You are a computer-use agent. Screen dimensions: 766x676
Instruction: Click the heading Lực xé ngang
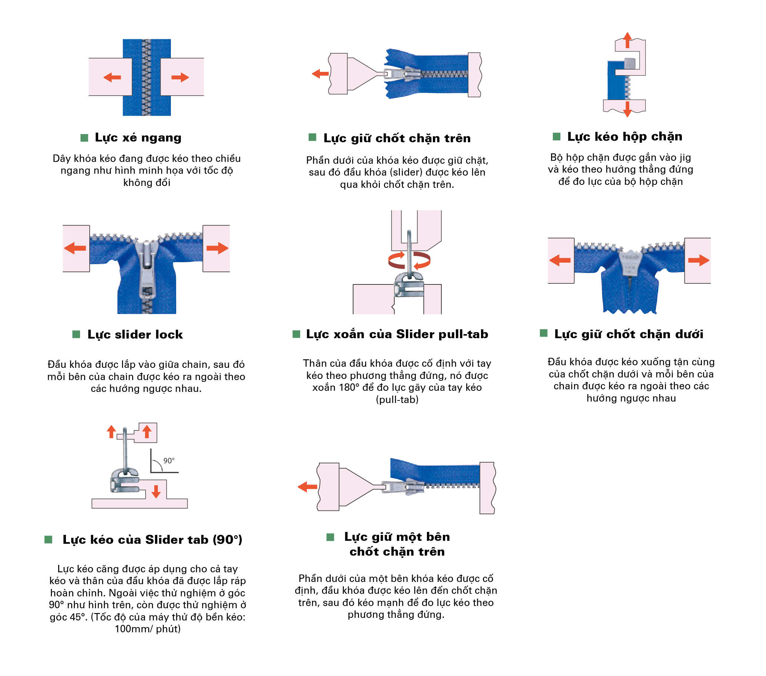click(x=138, y=138)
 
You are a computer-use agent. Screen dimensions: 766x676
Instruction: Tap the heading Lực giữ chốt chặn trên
click(x=397, y=139)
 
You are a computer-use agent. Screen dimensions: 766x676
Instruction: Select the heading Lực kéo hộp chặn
click(x=625, y=137)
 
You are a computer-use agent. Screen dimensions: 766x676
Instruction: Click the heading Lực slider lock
click(x=135, y=334)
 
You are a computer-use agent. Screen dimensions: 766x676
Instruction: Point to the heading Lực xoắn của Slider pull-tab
click(x=397, y=334)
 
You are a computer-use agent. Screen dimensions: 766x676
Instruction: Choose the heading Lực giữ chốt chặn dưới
click(x=629, y=334)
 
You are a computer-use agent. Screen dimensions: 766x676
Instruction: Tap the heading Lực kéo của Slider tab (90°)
click(x=153, y=540)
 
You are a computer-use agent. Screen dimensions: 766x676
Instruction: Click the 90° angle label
click(x=169, y=461)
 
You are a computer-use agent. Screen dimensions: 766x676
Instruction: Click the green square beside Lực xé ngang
click(x=84, y=138)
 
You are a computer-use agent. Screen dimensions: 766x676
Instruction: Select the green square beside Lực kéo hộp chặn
click(x=557, y=136)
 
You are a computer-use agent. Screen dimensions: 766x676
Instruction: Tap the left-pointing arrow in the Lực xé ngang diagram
click(x=112, y=77)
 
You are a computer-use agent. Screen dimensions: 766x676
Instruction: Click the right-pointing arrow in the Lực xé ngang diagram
click(x=180, y=77)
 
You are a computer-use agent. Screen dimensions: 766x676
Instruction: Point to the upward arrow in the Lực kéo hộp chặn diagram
click(x=627, y=40)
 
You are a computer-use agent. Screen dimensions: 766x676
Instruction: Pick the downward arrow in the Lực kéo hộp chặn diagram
click(x=627, y=109)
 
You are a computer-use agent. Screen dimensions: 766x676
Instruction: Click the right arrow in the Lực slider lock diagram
click(x=218, y=248)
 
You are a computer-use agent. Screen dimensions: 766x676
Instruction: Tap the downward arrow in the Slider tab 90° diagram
click(x=156, y=492)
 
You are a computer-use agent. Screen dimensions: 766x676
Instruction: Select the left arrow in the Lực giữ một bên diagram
click(x=307, y=487)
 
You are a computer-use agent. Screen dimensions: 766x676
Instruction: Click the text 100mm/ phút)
click(x=147, y=629)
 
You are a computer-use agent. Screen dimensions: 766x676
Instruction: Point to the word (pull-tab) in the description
click(x=397, y=400)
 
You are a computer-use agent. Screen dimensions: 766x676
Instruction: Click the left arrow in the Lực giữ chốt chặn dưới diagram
click(x=560, y=260)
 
